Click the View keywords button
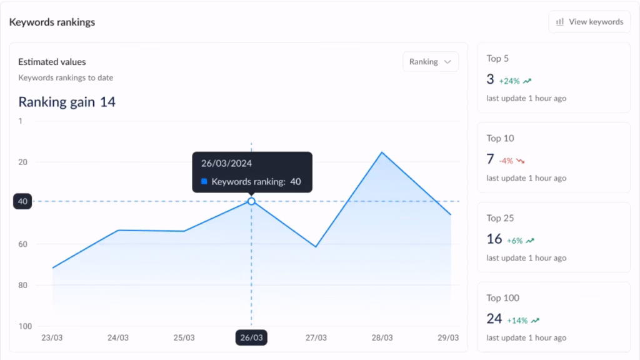[589, 22]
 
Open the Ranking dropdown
[431, 62]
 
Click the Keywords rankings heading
[52, 22]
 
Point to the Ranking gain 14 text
[67, 102]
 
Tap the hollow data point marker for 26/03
[251, 201]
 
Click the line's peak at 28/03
[381, 152]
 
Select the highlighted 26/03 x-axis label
[251, 337]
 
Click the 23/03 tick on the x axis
[52, 337]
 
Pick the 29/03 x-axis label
[448, 337]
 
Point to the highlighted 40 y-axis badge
[22, 201]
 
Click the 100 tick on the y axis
[24, 326]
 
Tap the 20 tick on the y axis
[23, 162]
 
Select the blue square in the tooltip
[204, 182]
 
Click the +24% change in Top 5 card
[509, 81]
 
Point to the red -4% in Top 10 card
[506, 161]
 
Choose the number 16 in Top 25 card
[494, 239]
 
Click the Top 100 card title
[503, 298]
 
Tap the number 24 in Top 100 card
[494, 319]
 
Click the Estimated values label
[52, 62]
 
